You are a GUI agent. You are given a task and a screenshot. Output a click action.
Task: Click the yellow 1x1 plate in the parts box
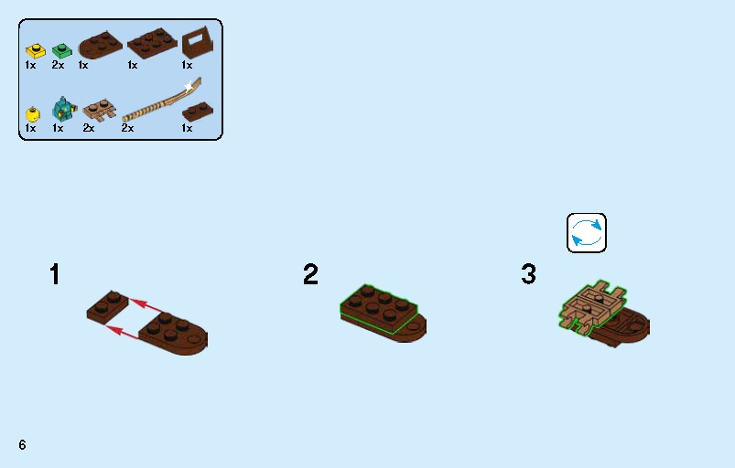[x=35, y=51]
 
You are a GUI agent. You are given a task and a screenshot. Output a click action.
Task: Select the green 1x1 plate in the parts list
[x=61, y=50]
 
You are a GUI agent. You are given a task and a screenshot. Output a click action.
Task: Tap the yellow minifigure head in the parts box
[x=32, y=114]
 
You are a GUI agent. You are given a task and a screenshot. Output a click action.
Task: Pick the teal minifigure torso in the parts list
[x=63, y=109]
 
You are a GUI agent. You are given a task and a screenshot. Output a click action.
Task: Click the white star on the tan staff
[x=189, y=87]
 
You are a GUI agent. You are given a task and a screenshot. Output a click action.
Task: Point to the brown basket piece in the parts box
[x=198, y=43]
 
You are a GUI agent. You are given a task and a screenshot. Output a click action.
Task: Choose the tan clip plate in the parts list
[x=100, y=111]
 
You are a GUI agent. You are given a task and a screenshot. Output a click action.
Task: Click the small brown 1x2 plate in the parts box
[x=198, y=112]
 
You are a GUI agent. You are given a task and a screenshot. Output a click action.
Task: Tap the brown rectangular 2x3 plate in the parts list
[x=152, y=44]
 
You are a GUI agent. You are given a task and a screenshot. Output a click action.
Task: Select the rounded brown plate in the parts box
[x=101, y=46]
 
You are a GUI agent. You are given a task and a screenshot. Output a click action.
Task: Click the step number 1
[x=55, y=274]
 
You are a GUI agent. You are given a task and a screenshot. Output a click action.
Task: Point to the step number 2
[x=310, y=274]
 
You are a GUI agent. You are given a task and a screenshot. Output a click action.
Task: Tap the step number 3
[x=528, y=274]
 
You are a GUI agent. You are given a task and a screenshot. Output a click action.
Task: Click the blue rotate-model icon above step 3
[x=587, y=233]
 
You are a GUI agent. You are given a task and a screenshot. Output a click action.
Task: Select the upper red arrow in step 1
[x=146, y=305]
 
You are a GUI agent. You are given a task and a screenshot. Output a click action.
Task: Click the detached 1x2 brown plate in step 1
[x=107, y=306]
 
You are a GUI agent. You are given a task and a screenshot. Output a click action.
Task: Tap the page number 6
[x=22, y=444]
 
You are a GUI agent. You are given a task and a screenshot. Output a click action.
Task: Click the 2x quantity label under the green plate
[x=58, y=65]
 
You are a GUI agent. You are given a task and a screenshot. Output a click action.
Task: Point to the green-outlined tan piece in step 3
[x=592, y=305]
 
